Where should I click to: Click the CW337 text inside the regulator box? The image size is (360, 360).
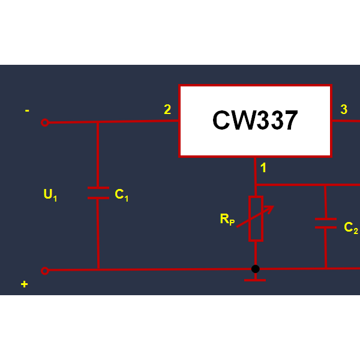[255, 120]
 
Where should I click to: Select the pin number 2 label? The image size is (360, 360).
[167, 109]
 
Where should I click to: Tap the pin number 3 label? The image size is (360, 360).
[344, 109]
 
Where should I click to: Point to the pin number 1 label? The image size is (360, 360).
[263, 167]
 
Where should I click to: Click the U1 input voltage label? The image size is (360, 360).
[50, 195]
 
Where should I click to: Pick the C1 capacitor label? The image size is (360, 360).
[121, 195]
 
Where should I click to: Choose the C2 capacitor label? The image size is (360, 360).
[351, 228]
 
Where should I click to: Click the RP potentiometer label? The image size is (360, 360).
[227, 219]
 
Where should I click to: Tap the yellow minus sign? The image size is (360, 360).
[27, 110]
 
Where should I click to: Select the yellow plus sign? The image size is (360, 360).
[25, 284]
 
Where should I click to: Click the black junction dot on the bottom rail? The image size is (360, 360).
[256, 269]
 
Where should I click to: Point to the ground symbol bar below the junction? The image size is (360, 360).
[255, 280]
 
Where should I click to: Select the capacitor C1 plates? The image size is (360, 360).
[98, 193]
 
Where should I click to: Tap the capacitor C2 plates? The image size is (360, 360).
[326, 223]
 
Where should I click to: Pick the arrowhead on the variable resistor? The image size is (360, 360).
[269, 209]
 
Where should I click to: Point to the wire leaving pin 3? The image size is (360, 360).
[346, 121]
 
